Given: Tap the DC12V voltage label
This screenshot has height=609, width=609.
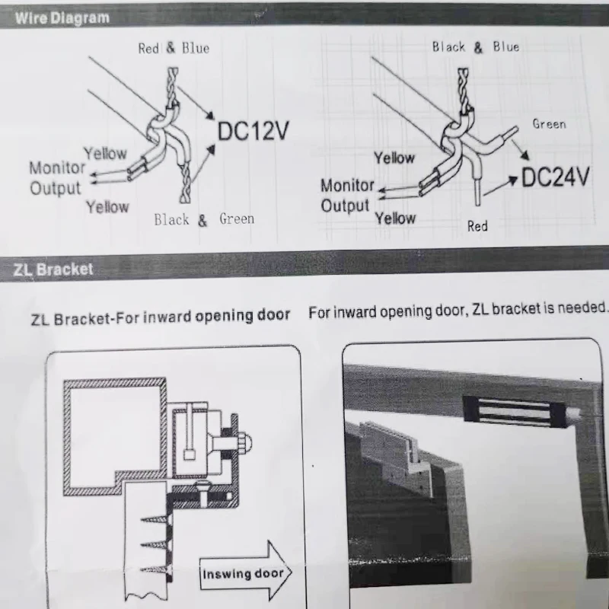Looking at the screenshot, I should [x=253, y=132].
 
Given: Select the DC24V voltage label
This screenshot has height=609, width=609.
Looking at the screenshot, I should [x=556, y=177].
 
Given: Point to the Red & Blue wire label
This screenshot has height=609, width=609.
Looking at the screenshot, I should [x=173, y=48].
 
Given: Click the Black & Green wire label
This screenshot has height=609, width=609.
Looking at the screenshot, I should [x=204, y=220].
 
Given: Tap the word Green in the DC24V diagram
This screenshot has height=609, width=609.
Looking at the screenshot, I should [x=549, y=123].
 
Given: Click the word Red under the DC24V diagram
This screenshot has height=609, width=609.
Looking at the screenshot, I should [x=477, y=226].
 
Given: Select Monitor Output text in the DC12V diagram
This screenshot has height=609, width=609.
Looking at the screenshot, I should [x=56, y=177].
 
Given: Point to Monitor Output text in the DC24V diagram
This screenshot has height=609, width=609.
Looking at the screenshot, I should [x=347, y=195].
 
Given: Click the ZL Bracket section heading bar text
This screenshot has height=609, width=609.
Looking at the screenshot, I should [x=53, y=269].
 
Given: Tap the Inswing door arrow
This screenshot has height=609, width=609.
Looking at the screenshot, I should [x=241, y=573].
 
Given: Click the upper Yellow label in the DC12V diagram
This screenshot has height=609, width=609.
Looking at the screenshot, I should [x=105, y=153].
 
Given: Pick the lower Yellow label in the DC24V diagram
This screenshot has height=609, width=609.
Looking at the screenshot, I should [x=395, y=218].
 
